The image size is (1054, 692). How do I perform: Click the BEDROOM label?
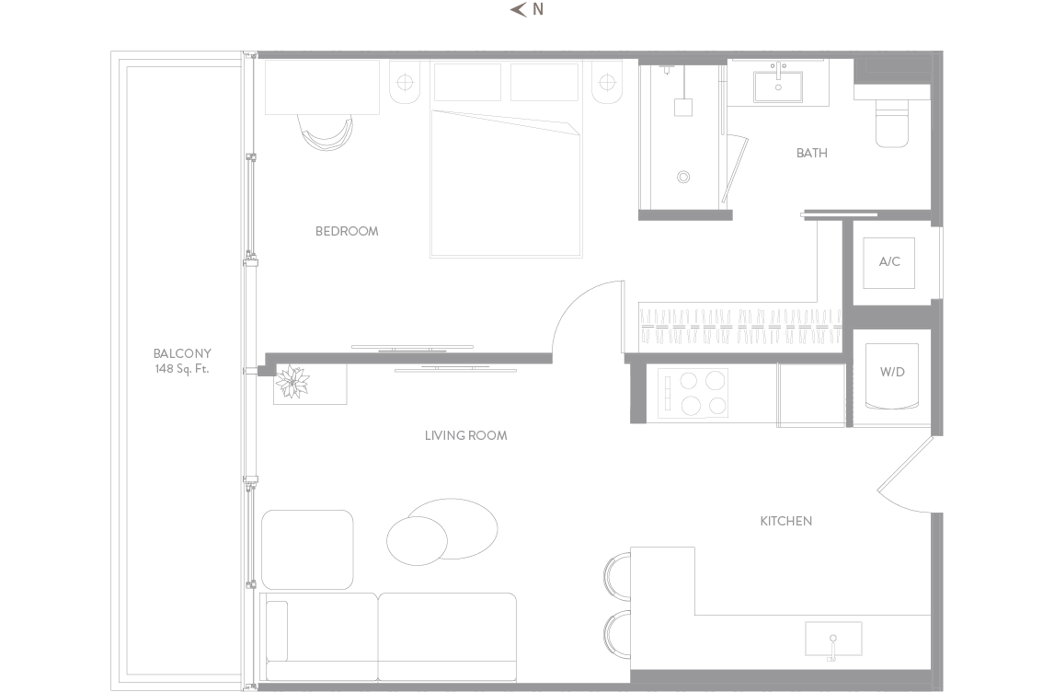tap(347, 231)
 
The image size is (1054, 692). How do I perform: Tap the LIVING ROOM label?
tap(465, 436)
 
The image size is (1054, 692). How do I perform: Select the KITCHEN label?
tap(785, 521)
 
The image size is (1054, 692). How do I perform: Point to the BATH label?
tap(811, 154)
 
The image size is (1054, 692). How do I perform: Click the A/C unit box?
tap(888, 262)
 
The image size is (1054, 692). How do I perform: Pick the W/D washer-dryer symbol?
tap(892, 376)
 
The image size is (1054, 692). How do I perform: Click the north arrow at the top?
tap(518, 9)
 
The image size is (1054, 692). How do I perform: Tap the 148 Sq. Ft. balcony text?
tap(182, 369)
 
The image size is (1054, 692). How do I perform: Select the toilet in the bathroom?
tap(892, 122)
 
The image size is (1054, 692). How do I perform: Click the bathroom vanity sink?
tap(778, 86)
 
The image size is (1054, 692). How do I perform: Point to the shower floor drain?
tap(683, 178)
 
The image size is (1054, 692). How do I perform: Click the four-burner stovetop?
tap(693, 394)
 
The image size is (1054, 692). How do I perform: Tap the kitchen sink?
tap(833, 639)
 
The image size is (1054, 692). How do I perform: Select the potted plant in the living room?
tap(293, 382)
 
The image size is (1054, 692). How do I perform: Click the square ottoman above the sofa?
tap(307, 550)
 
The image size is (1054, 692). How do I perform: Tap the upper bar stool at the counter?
tap(617, 576)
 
